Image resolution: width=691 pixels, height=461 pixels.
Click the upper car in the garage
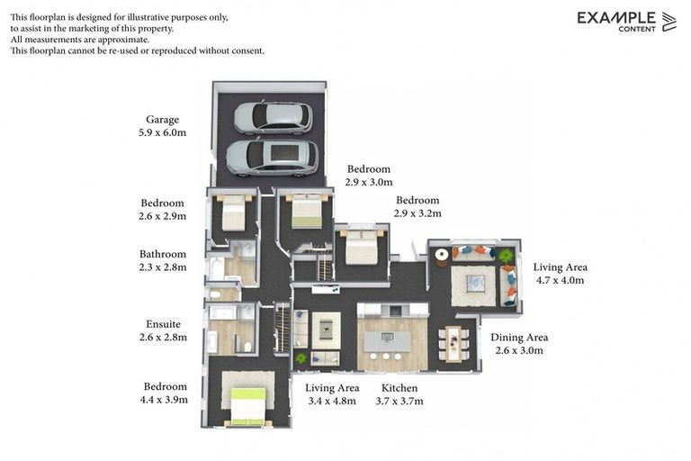point(273,117)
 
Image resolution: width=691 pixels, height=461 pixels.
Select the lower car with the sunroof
point(271,156)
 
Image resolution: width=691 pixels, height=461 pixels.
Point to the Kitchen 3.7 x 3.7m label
point(399,394)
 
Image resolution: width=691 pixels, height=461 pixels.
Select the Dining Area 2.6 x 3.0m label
point(518,344)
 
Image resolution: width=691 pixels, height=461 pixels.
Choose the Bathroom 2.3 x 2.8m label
point(163,260)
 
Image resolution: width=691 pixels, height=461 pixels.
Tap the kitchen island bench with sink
point(387,341)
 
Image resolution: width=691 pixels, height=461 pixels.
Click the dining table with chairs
point(453,343)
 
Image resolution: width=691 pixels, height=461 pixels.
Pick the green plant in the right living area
point(506,256)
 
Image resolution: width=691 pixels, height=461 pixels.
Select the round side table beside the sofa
point(442,255)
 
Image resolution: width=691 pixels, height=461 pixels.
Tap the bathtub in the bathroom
point(217,268)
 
